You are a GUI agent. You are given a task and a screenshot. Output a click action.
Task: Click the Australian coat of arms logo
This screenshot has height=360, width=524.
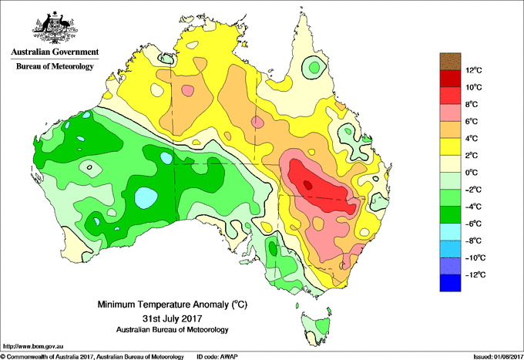tap(55, 28)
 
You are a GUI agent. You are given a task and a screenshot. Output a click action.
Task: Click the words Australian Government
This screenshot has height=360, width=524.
tap(55, 52)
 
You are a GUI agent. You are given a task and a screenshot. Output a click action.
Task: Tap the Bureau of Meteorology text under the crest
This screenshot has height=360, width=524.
tap(55, 66)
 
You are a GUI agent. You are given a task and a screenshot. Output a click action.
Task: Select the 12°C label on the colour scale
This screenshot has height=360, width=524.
tap(474, 70)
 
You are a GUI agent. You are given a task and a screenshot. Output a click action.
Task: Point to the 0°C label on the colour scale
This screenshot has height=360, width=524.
tap(472, 173)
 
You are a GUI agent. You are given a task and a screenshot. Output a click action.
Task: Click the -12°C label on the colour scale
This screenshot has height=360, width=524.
tap(475, 274)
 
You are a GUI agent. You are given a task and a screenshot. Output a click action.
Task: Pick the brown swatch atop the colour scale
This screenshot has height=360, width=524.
tap(450, 62)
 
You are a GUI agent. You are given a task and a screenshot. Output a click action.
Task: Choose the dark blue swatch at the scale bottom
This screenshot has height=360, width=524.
tap(450, 283)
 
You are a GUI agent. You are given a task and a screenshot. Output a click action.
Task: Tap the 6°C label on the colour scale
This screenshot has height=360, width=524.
tap(472, 121)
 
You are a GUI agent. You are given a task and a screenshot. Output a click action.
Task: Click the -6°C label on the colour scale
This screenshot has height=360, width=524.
tap(474, 224)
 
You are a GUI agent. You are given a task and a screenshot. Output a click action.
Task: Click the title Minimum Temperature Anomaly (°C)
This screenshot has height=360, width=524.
tap(172, 304)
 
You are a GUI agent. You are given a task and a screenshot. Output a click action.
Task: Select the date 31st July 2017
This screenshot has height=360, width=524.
tap(172, 318)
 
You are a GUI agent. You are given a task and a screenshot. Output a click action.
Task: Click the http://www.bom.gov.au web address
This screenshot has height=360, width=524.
tap(33, 347)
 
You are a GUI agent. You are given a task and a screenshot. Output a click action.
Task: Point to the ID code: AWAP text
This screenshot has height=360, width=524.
tap(217, 357)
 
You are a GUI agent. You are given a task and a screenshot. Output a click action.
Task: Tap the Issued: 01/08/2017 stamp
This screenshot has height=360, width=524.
tap(498, 357)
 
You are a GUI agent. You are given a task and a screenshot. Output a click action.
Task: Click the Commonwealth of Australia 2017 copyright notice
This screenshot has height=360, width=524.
tap(92, 357)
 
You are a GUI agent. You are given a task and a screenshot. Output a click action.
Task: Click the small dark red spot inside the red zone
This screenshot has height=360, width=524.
tap(307, 185)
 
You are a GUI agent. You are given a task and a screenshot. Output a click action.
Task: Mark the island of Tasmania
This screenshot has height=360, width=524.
tap(317, 328)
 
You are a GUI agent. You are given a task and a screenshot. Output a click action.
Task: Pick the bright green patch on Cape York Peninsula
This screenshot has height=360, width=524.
tap(314, 68)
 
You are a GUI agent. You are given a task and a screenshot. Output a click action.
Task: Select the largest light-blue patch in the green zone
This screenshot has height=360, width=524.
tap(146, 197)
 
